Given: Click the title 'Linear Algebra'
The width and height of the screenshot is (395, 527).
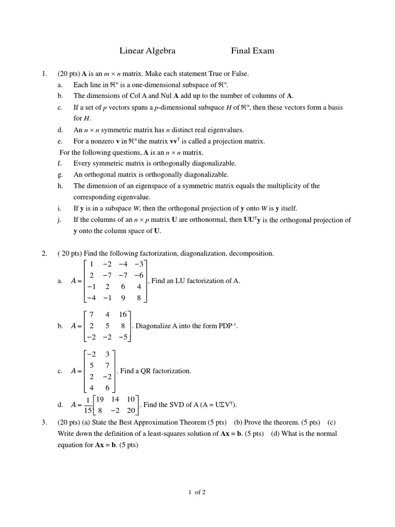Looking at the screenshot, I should click(147, 50).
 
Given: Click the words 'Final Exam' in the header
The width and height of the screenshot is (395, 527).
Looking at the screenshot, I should click(253, 50).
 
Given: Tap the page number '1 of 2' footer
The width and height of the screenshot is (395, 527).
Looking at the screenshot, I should click(197, 492).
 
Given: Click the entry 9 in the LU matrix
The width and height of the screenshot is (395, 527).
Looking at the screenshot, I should click(123, 297).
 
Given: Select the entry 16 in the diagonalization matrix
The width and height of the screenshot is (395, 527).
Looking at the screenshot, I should click(122, 314).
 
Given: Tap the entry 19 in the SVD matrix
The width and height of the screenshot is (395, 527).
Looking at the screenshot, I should click(100, 399).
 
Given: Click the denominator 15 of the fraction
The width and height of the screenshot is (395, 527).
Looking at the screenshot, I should click(88, 411).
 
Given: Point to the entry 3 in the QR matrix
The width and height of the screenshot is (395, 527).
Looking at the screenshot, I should click(107, 354).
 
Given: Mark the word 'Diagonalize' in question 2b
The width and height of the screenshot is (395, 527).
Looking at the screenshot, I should click(153, 326).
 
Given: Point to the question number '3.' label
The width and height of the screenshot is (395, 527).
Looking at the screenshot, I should click(44, 423).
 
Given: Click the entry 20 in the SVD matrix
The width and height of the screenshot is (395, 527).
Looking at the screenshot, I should click(131, 411).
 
